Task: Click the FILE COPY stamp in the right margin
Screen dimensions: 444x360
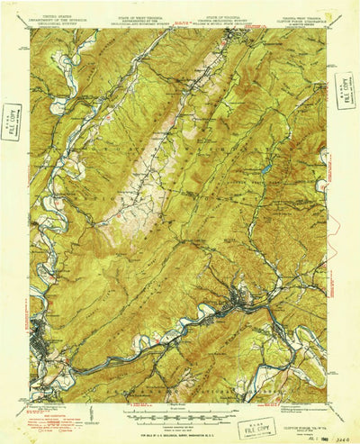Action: [x=344, y=92]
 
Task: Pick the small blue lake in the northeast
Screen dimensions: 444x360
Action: [x=266, y=168]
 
